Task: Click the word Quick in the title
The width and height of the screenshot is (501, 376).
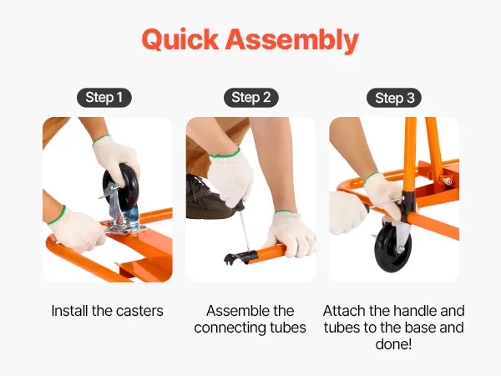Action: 180,39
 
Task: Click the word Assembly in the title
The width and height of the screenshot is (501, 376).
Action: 292,41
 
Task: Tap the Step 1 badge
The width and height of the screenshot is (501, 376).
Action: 104,98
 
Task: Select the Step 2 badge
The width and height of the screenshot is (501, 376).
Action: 251,98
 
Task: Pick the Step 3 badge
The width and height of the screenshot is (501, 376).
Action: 394,98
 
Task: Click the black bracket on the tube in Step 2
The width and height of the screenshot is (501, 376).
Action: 240,257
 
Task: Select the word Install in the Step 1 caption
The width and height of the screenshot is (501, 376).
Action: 69,311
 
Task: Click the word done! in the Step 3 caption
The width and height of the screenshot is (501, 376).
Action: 393,344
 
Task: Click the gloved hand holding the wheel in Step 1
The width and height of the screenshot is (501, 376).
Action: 116,160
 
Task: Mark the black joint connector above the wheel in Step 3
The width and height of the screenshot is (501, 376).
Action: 409,207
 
